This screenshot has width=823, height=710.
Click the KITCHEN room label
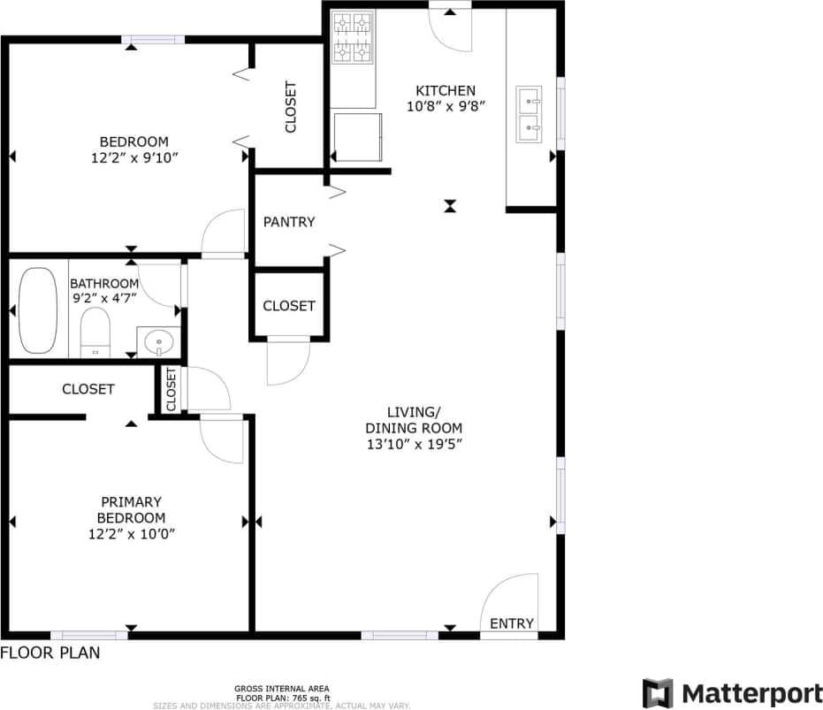pos(446,90)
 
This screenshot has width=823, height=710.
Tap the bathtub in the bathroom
pos(38,309)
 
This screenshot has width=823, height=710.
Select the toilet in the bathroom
pos(94,332)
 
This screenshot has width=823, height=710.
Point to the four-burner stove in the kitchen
pos(353,37)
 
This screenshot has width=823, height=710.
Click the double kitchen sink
pos(530,114)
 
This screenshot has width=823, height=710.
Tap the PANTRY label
pos(289,222)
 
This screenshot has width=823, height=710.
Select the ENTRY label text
pos(511,623)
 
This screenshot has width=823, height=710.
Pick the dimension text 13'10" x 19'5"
pos(415,445)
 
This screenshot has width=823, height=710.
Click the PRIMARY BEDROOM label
pos(131,509)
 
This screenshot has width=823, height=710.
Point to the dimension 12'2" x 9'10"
pos(133,158)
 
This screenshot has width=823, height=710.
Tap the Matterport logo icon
pos(658,693)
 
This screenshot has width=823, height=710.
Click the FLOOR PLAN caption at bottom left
pos(50,653)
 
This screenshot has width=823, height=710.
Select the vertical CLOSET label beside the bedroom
pos(290,107)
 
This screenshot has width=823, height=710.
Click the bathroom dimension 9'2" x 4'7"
pos(104,298)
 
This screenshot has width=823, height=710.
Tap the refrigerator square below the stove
pos(358,137)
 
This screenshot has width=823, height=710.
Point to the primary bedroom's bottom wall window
pos(88,634)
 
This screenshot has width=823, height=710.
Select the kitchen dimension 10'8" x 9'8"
pos(446,107)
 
